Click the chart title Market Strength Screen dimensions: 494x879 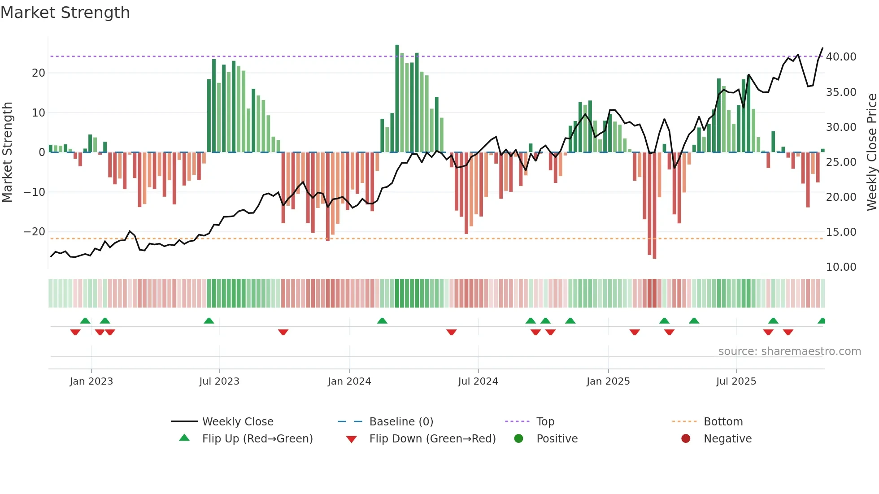pyautogui.click(x=65, y=13)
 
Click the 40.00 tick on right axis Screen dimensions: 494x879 pyautogui.click(x=841, y=57)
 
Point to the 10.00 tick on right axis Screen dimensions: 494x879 pyautogui.click(x=841, y=267)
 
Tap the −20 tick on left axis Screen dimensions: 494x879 pyautogui.click(x=35, y=232)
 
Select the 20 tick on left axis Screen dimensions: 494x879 pyautogui.click(x=39, y=73)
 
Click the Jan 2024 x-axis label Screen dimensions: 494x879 pyautogui.click(x=349, y=381)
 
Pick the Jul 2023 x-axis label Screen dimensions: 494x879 pyautogui.click(x=219, y=381)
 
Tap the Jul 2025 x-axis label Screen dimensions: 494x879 pyautogui.click(x=736, y=381)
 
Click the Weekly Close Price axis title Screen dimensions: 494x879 pyautogui.click(x=871, y=152)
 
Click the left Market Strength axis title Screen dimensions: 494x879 pyautogui.click(x=7, y=152)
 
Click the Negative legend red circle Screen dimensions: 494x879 pyautogui.click(x=686, y=439)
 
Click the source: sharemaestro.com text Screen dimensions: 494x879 pyautogui.click(x=789, y=351)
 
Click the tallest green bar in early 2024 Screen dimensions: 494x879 pyautogui.click(x=397, y=99)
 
